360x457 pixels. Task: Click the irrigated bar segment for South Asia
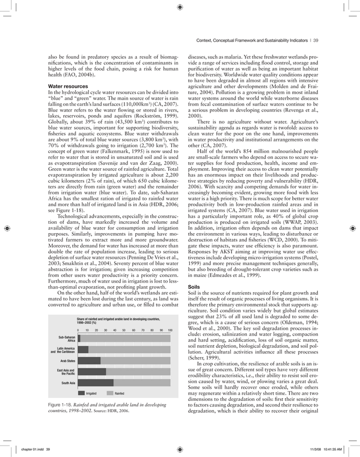point(96,382)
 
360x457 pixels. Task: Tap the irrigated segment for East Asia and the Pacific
point(92,371)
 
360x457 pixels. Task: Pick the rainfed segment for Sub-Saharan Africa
point(125,338)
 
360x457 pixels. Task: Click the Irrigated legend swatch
point(81,393)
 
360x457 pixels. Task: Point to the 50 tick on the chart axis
point(124,330)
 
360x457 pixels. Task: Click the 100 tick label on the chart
point(170,330)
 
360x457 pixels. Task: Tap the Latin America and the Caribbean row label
point(63,349)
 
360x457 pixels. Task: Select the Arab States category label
point(67,360)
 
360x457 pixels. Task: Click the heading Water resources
point(68,86)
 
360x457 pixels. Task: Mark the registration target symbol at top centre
point(179,7)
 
